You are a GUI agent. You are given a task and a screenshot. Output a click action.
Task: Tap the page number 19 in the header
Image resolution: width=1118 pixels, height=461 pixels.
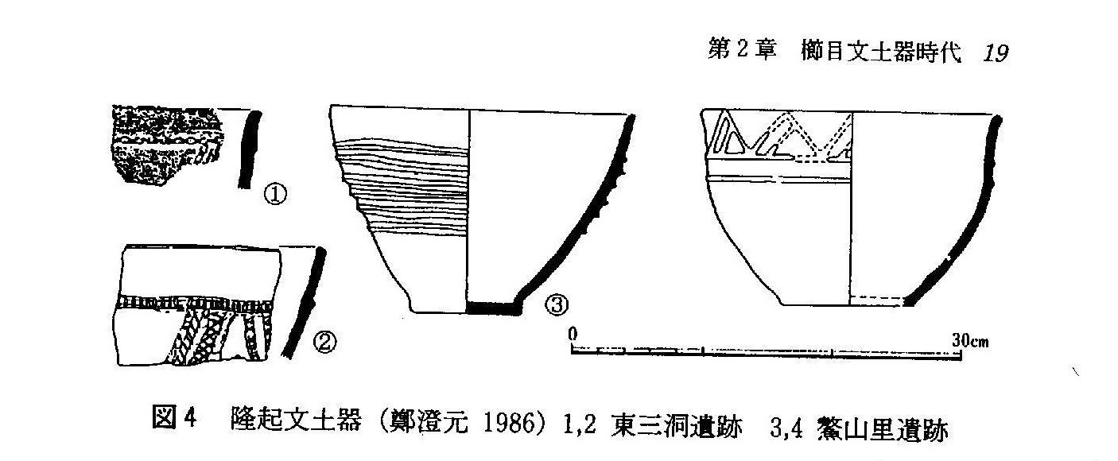point(996,53)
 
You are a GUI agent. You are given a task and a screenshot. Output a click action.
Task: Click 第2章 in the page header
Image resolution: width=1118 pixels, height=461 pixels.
point(741,52)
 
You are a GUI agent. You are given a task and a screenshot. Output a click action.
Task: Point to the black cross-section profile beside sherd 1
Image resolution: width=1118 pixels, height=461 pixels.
point(249,149)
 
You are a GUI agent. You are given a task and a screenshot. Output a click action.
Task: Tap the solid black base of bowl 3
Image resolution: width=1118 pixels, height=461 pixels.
point(491,307)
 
